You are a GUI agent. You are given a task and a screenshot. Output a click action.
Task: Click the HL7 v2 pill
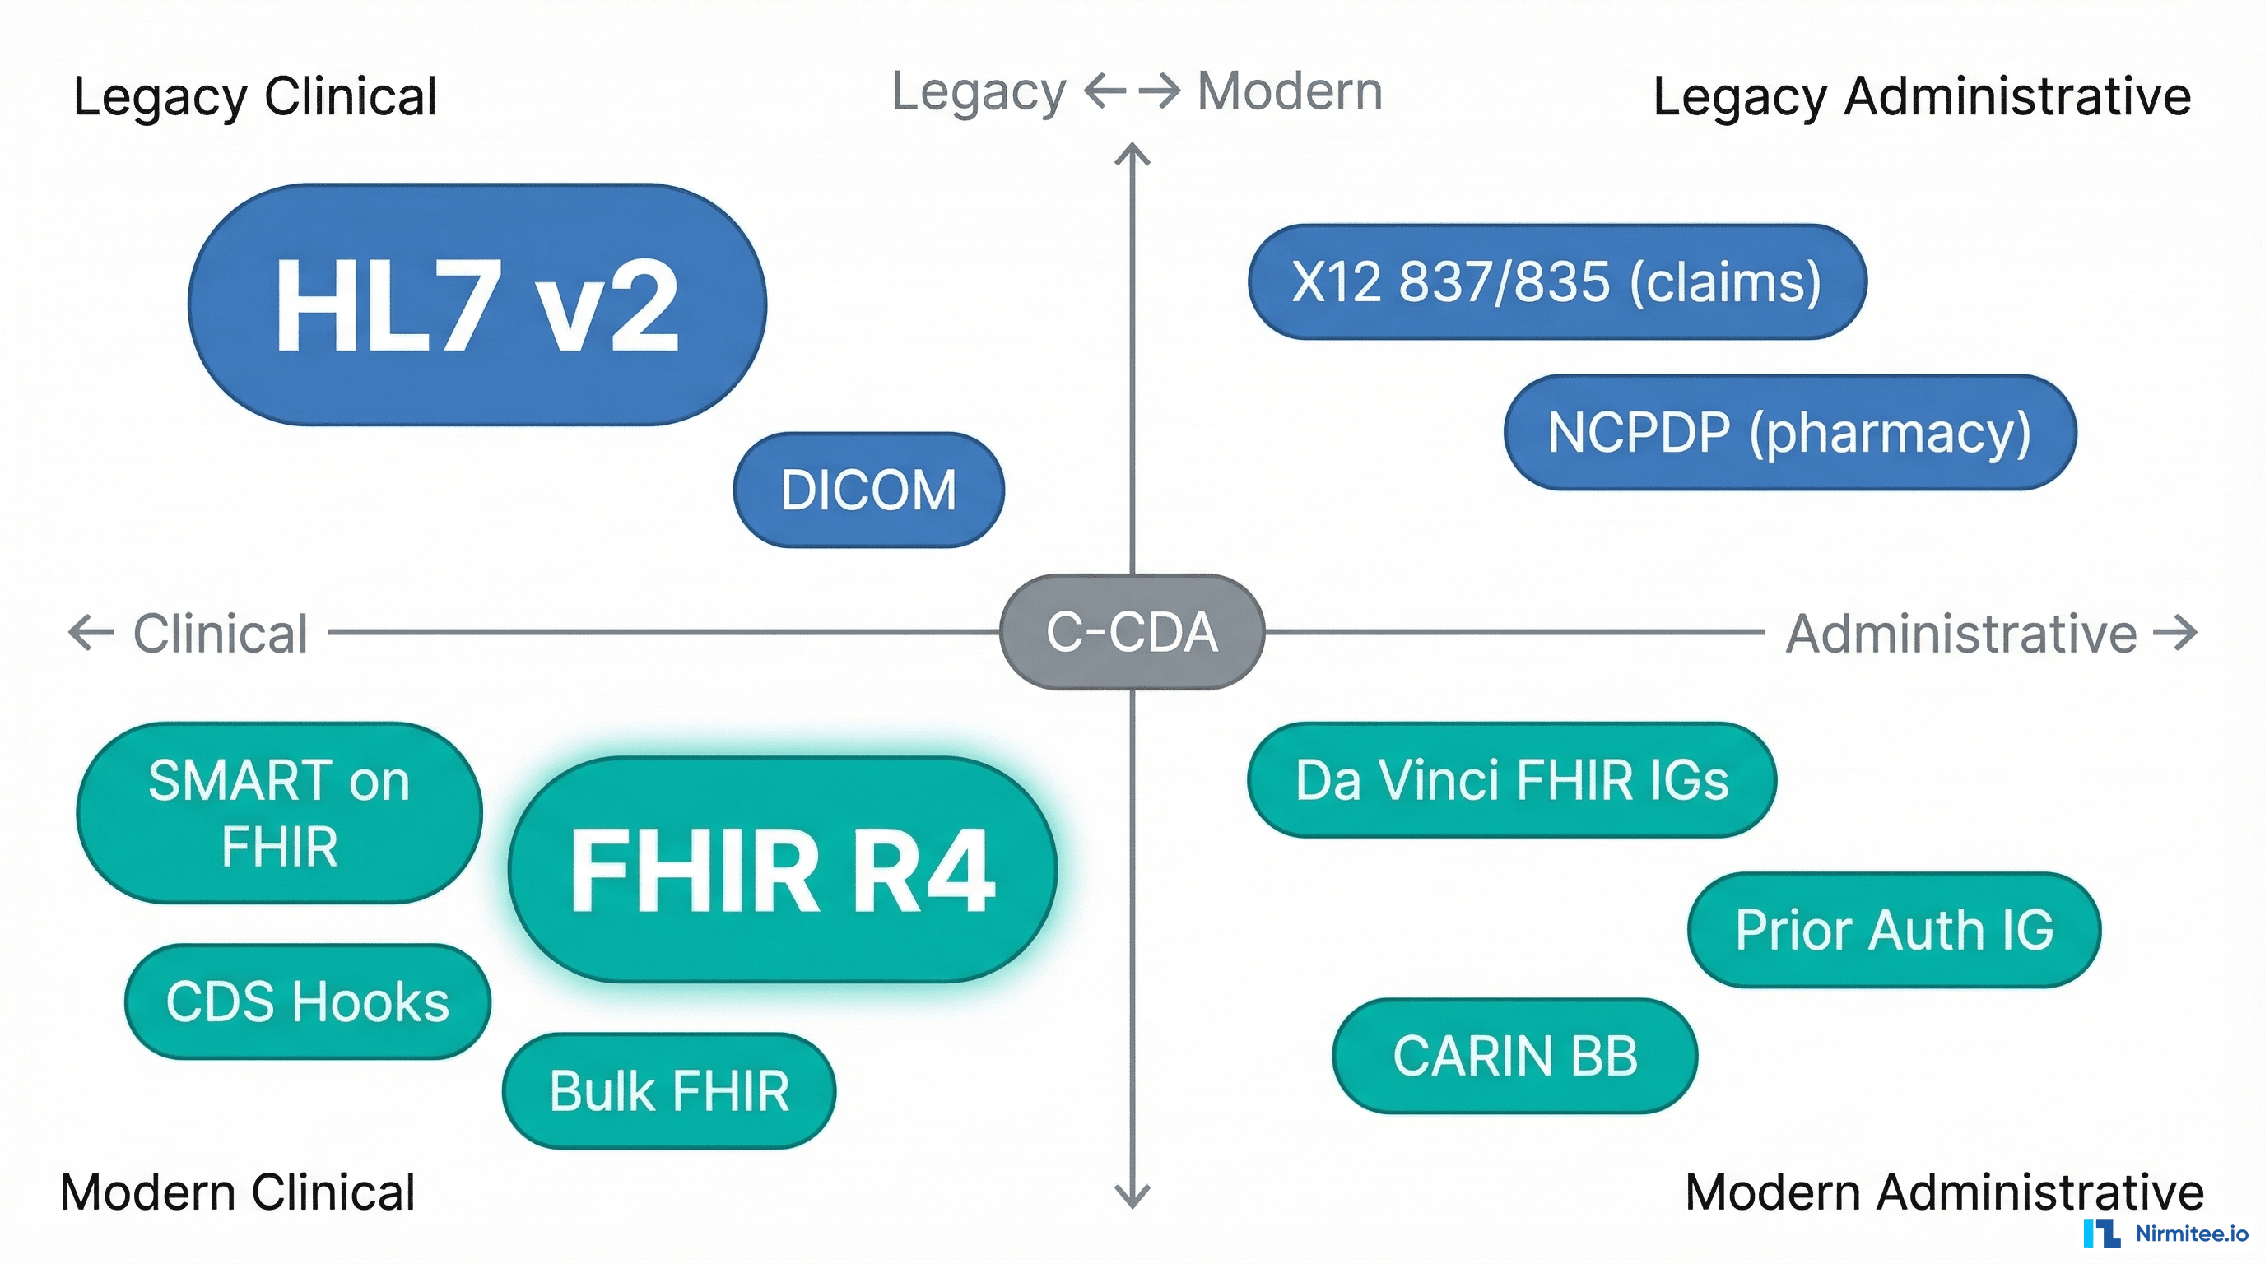click(477, 304)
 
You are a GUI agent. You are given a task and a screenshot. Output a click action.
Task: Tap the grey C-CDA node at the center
click(1132, 631)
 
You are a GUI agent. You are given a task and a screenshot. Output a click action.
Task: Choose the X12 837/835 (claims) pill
click(1556, 281)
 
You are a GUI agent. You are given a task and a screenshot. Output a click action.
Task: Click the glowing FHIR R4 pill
click(782, 869)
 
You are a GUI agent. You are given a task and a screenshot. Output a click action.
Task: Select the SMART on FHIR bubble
click(279, 813)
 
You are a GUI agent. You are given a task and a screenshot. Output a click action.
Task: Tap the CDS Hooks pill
click(307, 1001)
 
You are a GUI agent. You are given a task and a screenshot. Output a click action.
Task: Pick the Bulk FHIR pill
click(669, 1091)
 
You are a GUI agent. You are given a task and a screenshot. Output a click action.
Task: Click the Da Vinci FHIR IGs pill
click(1511, 779)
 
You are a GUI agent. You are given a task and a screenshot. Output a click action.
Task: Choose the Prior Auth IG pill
click(1894, 930)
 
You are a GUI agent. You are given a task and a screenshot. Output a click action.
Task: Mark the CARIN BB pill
click(1515, 1056)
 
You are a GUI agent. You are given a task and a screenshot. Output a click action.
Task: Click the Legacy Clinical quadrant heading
click(255, 96)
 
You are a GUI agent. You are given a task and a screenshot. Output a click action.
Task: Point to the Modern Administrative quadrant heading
click(1944, 1192)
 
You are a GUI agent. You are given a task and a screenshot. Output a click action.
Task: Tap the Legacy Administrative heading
click(1922, 96)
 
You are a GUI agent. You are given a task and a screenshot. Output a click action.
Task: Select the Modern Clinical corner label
click(237, 1192)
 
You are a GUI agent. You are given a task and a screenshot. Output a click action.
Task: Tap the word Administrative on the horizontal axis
click(1960, 634)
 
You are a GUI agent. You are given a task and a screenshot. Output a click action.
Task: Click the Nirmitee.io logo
click(2166, 1234)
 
